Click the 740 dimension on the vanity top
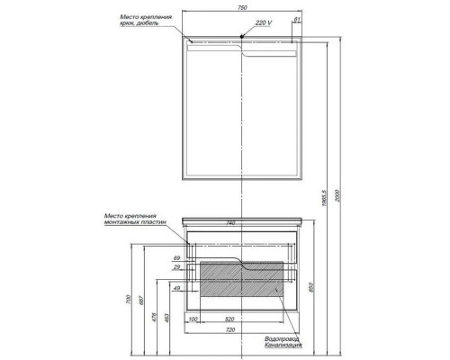click(231, 222)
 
